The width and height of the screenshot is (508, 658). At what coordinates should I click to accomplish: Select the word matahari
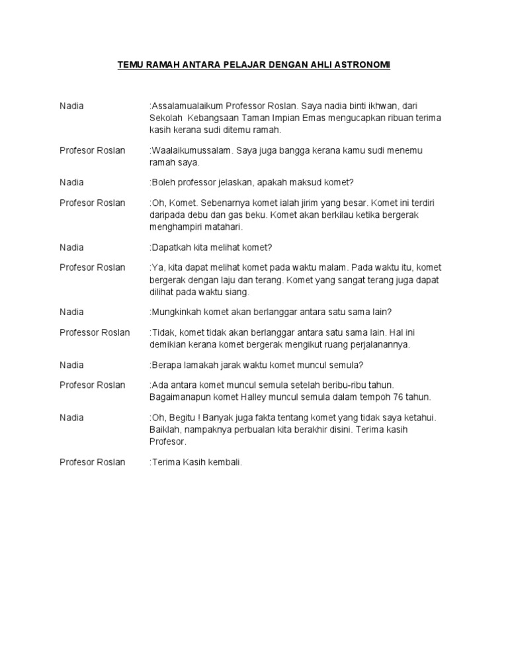click(x=224, y=227)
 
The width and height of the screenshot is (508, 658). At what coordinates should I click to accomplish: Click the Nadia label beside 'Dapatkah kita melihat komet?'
click(x=71, y=248)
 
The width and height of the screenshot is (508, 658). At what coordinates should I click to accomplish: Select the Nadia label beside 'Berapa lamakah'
click(x=71, y=365)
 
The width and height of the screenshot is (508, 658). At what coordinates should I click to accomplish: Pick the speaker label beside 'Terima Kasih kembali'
click(x=92, y=461)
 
